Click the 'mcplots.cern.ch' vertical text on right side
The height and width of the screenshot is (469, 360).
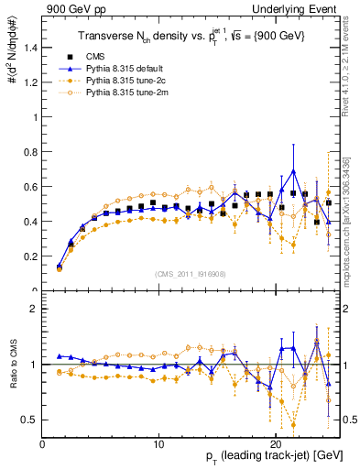tap(352, 238)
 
